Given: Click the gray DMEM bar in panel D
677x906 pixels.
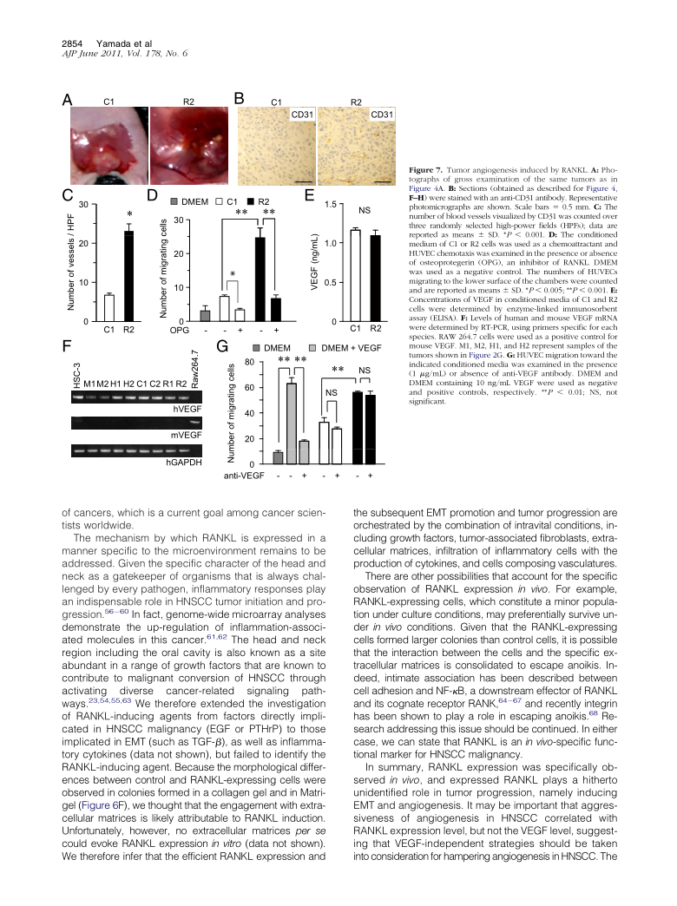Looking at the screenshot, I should click(x=205, y=316).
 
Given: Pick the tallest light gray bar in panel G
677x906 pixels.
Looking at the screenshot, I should click(x=292, y=412).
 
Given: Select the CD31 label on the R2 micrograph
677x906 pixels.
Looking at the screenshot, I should click(x=383, y=115).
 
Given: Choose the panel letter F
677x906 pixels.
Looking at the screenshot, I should click(x=67, y=346).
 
